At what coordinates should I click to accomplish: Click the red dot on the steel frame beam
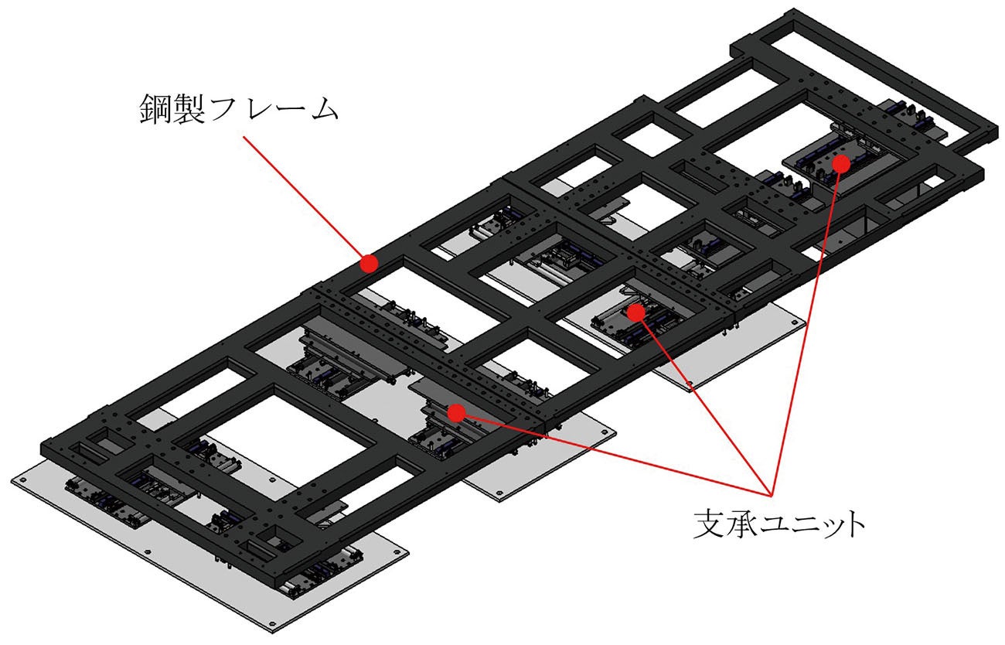coord(369,264)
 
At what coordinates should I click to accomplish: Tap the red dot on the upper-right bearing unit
coord(841,163)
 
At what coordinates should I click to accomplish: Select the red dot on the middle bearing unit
coord(635,312)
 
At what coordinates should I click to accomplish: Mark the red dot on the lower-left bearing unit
coord(456,412)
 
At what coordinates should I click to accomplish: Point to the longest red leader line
coord(807,325)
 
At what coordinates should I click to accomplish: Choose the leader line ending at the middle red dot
coord(702,401)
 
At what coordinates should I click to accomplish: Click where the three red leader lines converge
coord(770,493)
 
